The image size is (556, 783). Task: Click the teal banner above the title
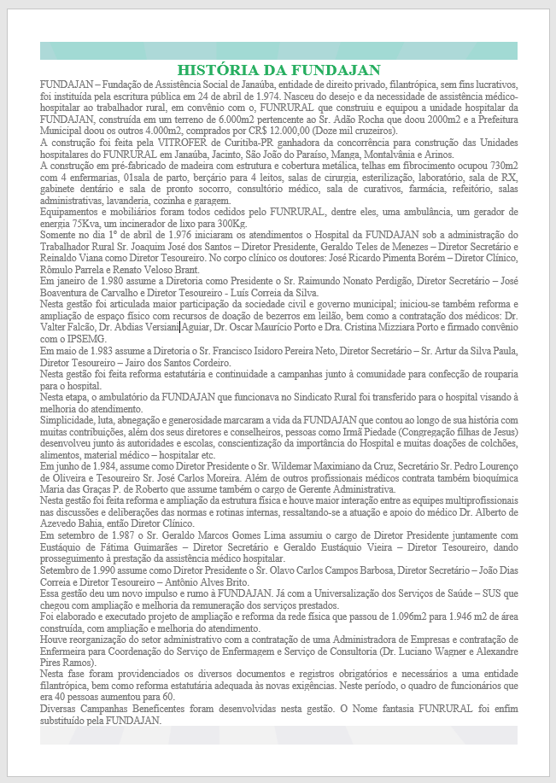(x=278, y=50)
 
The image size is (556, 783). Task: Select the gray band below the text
(x=278, y=734)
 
